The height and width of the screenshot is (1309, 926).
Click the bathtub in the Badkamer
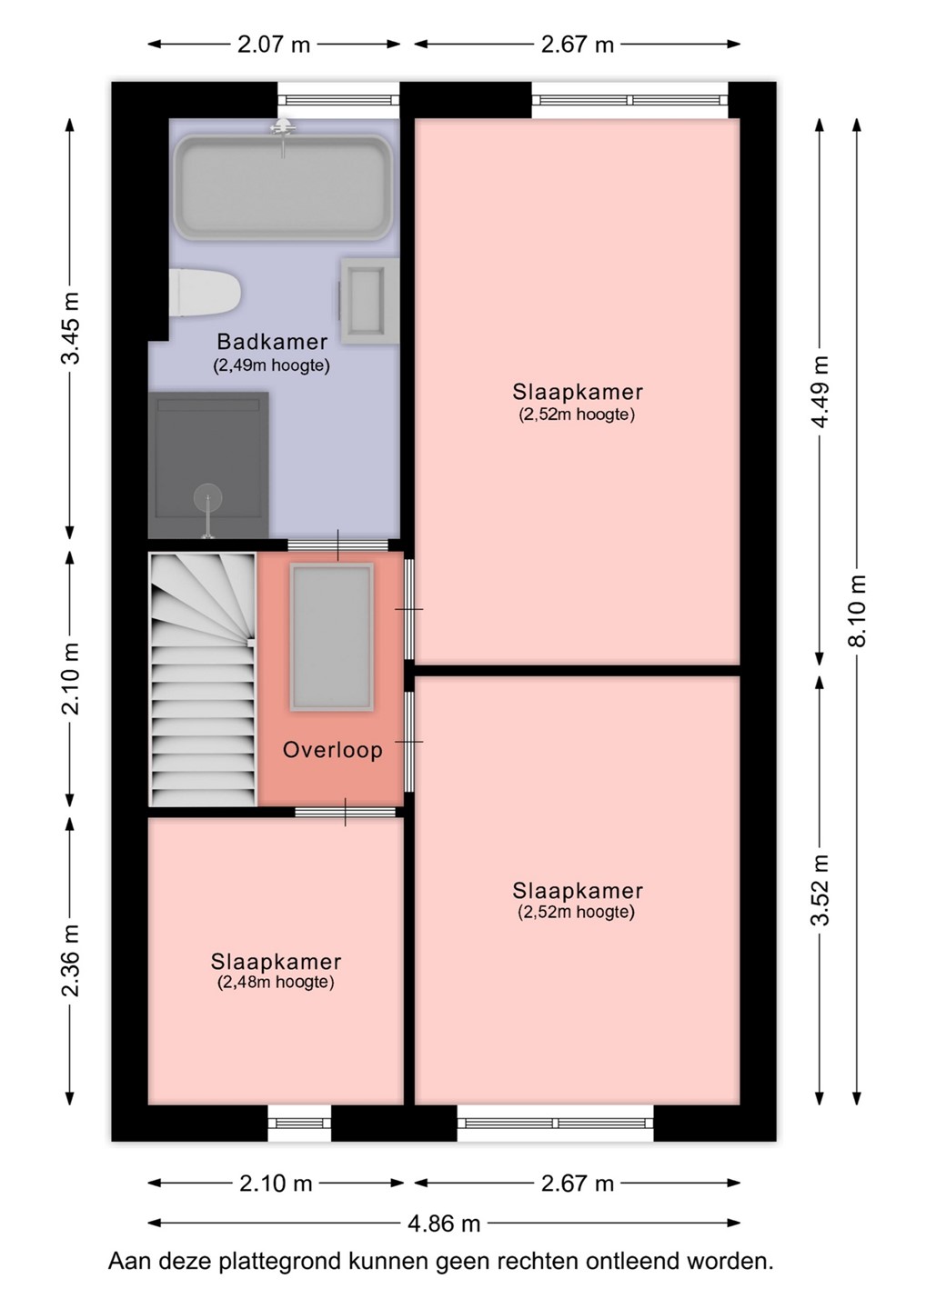pos(283,187)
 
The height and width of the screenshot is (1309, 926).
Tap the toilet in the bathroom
pos(205,292)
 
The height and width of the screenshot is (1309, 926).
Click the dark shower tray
pos(208,465)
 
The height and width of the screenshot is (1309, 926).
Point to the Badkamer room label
pos(272,341)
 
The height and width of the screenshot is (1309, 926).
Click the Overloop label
pos(333,750)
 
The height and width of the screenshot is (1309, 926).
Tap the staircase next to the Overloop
pos(203,679)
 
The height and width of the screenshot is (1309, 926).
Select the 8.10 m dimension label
pos(857,611)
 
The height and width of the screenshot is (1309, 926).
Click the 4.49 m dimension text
pos(820,391)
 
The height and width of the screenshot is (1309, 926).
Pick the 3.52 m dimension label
pos(820,890)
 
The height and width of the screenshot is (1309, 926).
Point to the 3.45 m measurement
pos(70,327)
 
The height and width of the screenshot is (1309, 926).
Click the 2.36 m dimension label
pos(70,960)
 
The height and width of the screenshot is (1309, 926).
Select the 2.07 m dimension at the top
pos(274,45)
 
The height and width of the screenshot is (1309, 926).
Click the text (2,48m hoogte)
pos(276,982)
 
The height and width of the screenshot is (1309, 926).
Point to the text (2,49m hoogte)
pos(271,365)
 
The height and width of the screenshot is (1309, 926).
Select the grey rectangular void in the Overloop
pos(331,637)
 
